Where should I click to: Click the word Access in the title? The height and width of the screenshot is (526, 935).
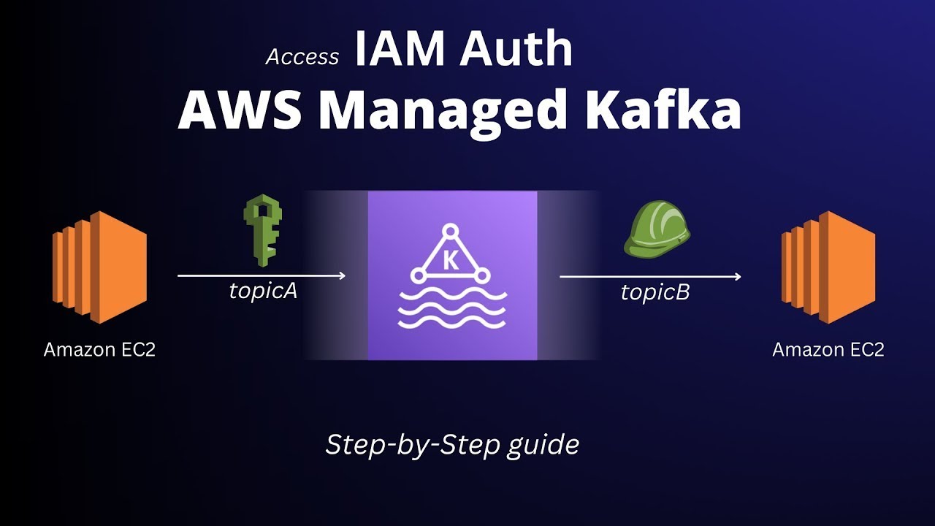click(302, 57)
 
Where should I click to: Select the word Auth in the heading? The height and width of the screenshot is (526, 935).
click(516, 50)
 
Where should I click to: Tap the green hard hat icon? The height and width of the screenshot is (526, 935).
click(657, 230)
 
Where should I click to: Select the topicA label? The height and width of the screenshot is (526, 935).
click(263, 291)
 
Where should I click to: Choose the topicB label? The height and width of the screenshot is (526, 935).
click(655, 292)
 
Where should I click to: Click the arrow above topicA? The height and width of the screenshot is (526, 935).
click(262, 275)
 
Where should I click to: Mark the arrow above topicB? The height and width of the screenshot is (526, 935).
click(650, 276)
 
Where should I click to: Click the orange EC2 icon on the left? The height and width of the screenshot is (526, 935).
click(99, 267)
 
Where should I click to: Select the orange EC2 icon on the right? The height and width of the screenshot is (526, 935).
click(828, 267)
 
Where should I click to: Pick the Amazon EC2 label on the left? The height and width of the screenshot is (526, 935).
click(99, 350)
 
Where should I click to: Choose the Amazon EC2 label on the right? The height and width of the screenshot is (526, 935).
click(828, 350)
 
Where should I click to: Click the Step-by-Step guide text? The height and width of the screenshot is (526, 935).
click(452, 444)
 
